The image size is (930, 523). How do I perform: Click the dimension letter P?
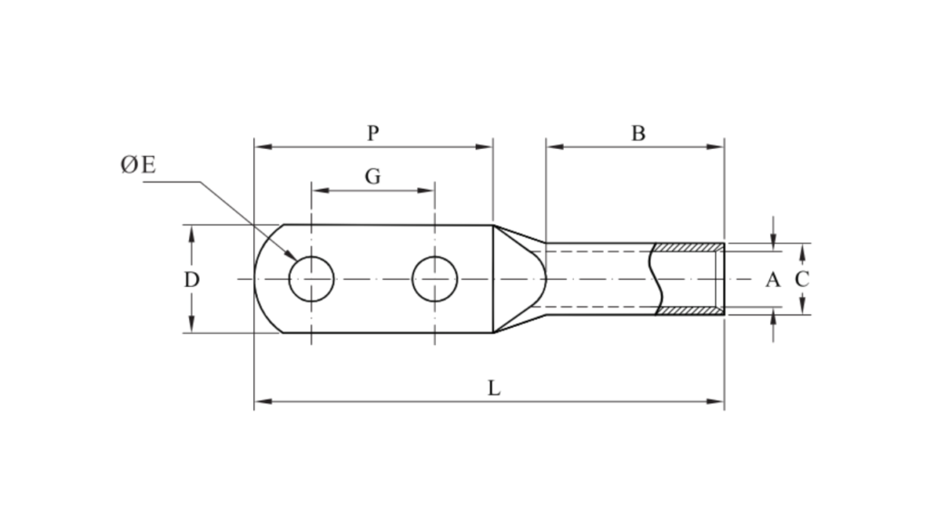[x=373, y=133]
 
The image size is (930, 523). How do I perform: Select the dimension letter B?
[x=638, y=133]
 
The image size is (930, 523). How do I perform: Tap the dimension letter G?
[x=373, y=176]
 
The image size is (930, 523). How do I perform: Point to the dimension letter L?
[x=493, y=388]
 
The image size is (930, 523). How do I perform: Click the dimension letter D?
[x=192, y=280]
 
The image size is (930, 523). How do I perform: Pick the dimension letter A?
[x=772, y=280]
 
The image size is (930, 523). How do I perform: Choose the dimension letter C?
[x=802, y=280]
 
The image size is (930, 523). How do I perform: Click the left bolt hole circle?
[x=312, y=279]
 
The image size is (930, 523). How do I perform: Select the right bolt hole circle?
[x=435, y=279]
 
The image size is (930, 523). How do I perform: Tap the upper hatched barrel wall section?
[x=688, y=248]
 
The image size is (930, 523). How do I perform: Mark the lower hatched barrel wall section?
[x=688, y=311]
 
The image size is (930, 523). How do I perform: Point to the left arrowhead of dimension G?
[x=317, y=191]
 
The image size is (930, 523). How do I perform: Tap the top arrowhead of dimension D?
[x=192, y=231]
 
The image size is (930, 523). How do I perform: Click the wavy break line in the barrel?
[x=656, y=279]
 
